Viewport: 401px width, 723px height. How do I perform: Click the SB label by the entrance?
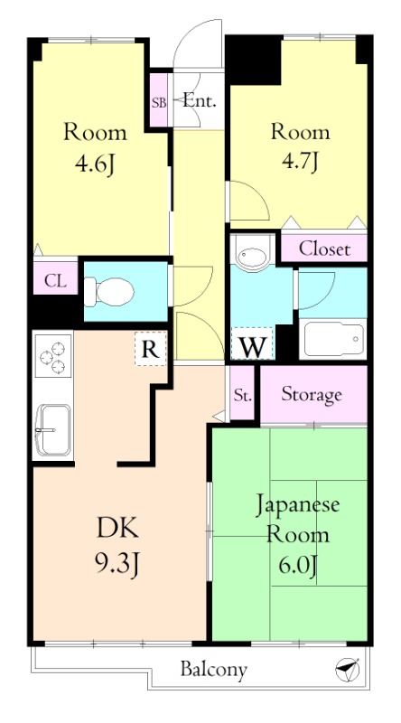(x=159, y=101)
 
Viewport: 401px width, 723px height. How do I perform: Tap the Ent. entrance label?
(x=199, y=100)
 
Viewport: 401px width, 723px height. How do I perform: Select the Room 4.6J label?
(x=94, y=148)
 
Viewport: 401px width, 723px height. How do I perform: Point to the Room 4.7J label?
(x=301, y=148)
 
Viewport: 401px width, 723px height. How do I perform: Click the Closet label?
(x=325, y=249)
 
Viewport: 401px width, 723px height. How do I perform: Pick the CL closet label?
(x=55, y=281)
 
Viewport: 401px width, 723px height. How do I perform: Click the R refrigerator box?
(x=152, y=349)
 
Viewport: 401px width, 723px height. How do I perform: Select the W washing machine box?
(x=254, y=344)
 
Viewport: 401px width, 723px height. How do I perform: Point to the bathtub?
(x=333, y=338)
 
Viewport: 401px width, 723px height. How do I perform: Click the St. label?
(x=242, y=395)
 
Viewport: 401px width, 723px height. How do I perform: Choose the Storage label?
(x=312, y=394)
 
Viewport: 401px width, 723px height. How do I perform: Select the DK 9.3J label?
(x=117, y=546)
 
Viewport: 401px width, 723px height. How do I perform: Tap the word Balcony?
(x=213, y=670)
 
